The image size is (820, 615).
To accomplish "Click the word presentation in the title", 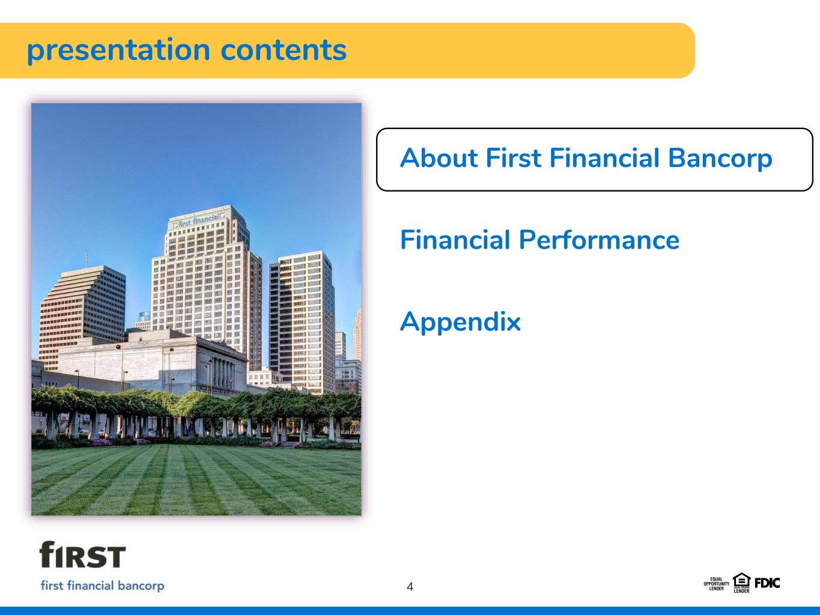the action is [118, 51].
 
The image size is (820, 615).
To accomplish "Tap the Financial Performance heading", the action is [540, 240].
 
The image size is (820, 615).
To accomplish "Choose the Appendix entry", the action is [460, 322].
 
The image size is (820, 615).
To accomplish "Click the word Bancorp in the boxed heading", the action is [720, 159].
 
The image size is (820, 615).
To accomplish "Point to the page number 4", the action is [410, 587].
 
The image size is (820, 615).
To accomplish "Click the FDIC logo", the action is [767, 583].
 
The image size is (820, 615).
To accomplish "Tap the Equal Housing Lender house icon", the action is [741, 583].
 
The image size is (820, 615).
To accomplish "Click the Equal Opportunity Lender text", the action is [716, 584].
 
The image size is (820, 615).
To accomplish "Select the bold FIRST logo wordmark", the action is [82, 554].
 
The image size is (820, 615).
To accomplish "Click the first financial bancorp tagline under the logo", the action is [102, 586].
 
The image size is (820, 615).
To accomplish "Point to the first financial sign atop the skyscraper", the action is [198, 220].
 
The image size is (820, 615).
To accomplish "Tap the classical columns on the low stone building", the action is [223, 374].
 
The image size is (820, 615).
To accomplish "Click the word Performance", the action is [599, 240].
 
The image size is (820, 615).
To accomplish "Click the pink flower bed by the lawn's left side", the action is [102, 443].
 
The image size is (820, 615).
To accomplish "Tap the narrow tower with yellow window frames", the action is [302, 322].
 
